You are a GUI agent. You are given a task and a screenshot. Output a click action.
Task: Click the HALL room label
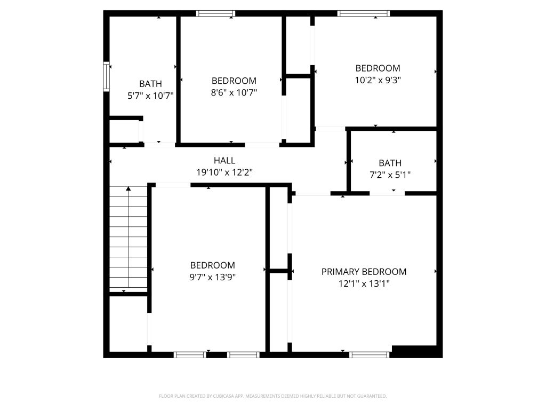click(x=224, y=160)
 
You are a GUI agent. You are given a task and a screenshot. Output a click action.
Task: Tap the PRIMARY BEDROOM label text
click(x=364, y=272)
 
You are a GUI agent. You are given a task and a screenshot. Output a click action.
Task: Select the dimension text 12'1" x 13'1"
click(x=364, y=283)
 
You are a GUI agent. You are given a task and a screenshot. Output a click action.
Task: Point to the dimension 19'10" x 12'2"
click(x=224, y=172)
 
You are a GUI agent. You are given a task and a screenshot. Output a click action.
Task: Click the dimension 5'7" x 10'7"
click(x=150, y=96)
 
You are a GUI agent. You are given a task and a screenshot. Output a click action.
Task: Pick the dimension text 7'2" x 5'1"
click(x=390, y=175)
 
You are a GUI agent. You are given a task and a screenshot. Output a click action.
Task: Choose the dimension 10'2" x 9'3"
click(x=378, y=80)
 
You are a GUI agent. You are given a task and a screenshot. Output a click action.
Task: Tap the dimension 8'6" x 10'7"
click(x=234, y=92)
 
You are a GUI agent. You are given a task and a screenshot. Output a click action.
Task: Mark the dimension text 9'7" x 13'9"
click(x=212, y=277)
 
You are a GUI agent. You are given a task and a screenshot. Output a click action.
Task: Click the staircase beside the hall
click(x=129, y=239)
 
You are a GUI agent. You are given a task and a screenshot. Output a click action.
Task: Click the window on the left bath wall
click(x=107, y=76)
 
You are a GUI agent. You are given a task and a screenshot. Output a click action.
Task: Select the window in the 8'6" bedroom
click(x=215, y=13)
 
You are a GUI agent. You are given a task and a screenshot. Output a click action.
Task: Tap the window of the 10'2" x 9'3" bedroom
click(x=364, y=13)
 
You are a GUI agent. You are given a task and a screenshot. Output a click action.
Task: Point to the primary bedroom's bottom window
click(x=369, y=355)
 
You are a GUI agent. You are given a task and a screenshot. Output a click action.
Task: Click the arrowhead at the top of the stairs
click(x=129, y=188)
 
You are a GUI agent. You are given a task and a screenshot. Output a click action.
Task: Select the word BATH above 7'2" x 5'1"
click(x=390, y=163)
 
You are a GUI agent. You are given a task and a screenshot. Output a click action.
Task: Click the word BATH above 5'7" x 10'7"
click(x=150, y=84)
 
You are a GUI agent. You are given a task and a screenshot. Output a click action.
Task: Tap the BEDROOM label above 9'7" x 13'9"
click(x=212, y=265)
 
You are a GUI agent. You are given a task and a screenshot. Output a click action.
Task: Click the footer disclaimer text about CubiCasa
click(x=272, y=396)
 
